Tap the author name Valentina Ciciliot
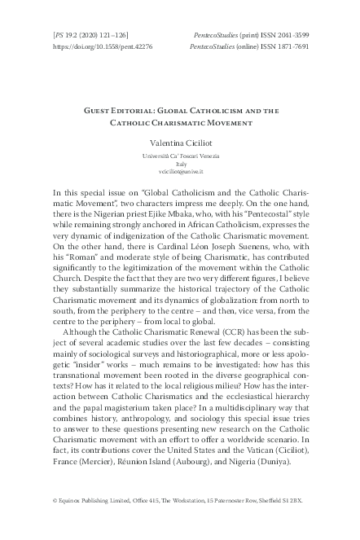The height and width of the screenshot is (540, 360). pyautogui.click(x=180, y=143)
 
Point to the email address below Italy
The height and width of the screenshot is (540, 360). pyautogui.click(x=180, y=173)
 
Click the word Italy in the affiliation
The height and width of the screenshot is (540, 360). pyautogui.click(x=180, y=163)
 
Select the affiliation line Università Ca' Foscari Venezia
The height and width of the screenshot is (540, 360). pyautogui.click(x=180, y=154)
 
